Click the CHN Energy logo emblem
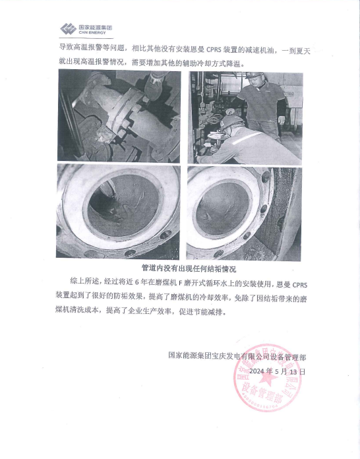[x=69, y=29]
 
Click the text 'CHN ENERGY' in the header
[x=92, y=33]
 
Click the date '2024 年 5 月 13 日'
[x=277, y=371]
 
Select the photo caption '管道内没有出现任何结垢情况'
[x=189, y=268]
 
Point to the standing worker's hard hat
[x=254, y=75]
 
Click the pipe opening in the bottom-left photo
[x=123, y=206]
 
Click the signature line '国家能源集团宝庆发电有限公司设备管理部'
[x=237, y=357]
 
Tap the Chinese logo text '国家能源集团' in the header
[x=96, y=28]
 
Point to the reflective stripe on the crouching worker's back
[x=247, y=138]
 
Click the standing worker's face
[x=256, y=81]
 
